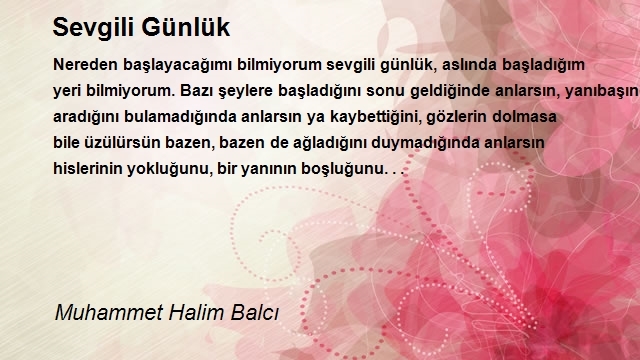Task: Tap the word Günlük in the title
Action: (186, 27)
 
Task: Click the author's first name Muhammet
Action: (109, 313)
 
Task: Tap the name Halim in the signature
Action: (196, 313)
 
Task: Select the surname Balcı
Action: (255, 313)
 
